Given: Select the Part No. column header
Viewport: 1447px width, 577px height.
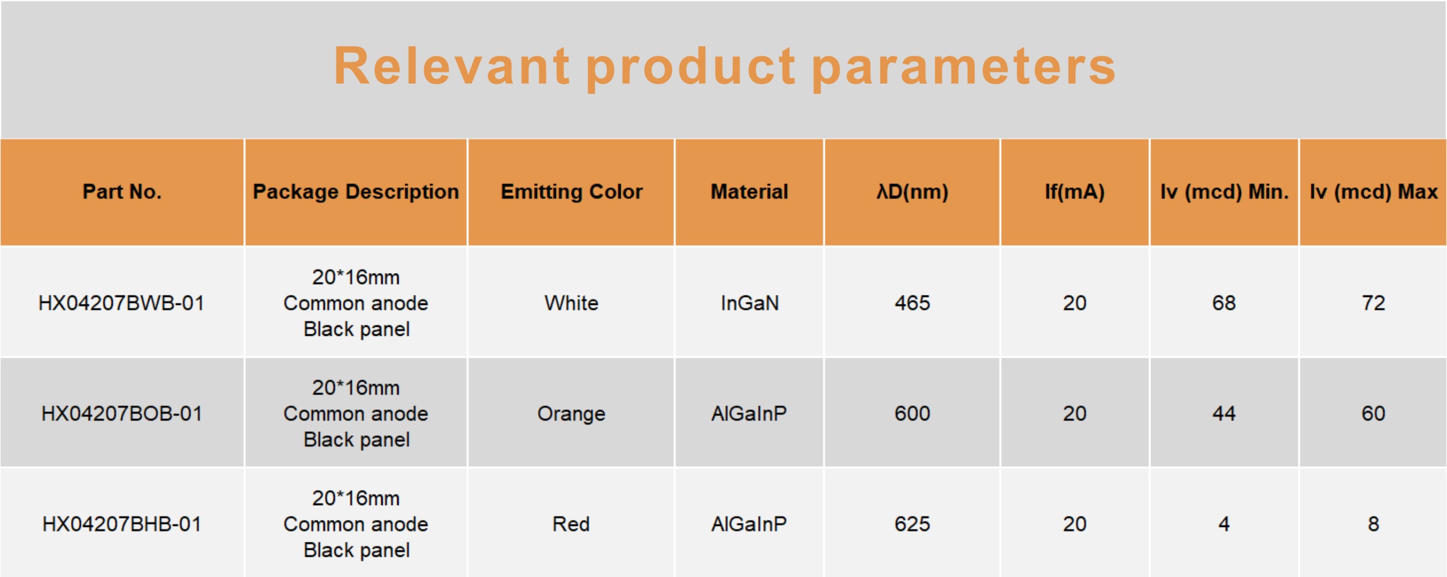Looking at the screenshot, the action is click(122, 192).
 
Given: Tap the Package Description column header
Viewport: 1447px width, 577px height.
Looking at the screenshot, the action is click(356, 192).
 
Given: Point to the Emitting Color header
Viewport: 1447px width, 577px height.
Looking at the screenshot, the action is click(571, 192).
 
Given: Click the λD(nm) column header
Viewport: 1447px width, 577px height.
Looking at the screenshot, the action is click(912, 192).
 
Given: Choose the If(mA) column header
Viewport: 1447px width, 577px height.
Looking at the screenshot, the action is click(1074, 192).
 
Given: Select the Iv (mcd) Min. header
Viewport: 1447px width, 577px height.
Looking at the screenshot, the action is click(1224, 192).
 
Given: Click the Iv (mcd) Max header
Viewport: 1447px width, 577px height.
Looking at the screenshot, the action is click(1374, 192).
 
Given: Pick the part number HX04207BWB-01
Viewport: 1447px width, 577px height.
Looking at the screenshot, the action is click(121, 303).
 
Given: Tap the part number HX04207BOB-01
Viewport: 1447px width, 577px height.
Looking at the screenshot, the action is click(121, 414).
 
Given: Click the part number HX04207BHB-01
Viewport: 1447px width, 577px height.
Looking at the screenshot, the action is click(121, 524).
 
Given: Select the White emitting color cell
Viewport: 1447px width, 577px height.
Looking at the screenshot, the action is click(571, 303).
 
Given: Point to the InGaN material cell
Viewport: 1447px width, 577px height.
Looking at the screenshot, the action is click(750, 303).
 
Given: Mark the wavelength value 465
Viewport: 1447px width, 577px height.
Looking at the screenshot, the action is click(912, 303).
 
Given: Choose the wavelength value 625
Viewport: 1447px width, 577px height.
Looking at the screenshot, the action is click(912, 524).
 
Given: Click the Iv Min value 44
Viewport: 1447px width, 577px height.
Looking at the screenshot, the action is click(1224, 414).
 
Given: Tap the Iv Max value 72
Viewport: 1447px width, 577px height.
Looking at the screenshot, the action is click(1374, 303).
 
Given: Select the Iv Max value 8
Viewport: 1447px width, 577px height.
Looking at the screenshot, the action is click(1374, 524).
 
